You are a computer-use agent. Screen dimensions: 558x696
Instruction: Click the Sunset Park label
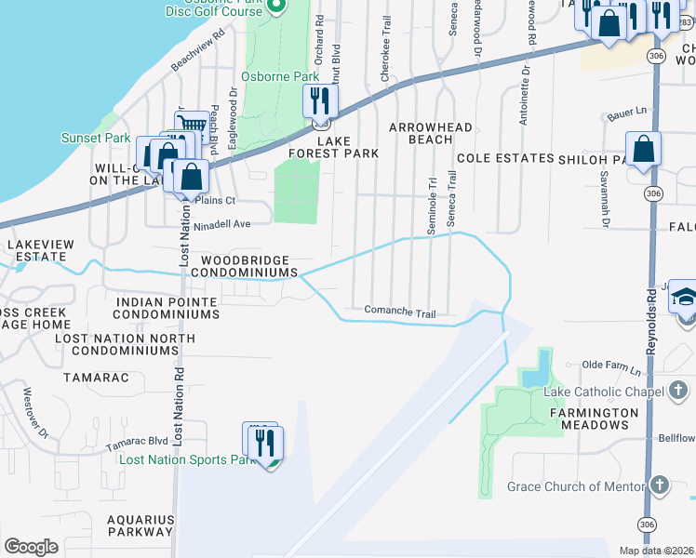96,138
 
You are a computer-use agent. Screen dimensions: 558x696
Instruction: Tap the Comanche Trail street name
399,312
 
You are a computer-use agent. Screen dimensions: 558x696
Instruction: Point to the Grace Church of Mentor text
575,486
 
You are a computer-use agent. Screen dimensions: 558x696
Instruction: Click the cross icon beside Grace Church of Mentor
659,485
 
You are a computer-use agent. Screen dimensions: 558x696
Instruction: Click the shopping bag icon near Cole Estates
643,149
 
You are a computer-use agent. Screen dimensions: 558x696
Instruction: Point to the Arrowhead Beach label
431,133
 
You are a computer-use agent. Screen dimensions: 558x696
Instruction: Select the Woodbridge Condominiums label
245,266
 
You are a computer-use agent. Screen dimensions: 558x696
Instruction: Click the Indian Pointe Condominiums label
167,309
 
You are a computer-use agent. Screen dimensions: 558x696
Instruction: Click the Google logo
32,547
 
